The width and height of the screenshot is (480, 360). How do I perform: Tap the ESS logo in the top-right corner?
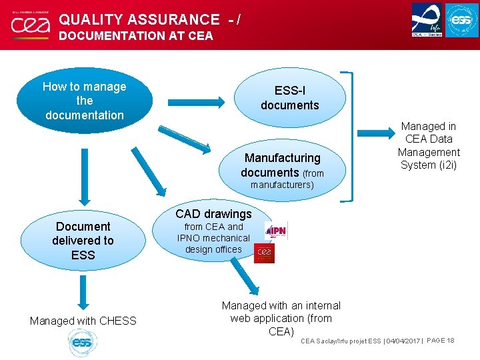(x=461, y=20)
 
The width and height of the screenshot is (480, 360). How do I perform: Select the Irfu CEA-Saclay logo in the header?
(x=427, y=20)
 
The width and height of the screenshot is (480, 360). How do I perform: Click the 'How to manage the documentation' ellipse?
(x=84, y=101)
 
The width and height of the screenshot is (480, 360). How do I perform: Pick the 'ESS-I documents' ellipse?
(x=290, y=98)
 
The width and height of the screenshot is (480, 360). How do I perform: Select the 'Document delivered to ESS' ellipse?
(x=84, y=241)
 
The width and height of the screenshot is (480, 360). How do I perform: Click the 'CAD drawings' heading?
(x=213, y=214)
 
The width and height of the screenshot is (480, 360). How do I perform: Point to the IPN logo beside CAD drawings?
(x=275, y=231)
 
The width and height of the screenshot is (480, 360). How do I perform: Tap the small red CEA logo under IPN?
(x=264, y=253)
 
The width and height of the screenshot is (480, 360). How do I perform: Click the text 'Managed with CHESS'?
(x=83, y=321)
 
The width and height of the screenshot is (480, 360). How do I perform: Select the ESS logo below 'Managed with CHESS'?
(x=82, y=343)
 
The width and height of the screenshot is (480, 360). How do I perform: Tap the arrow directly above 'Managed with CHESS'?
(x=83, y=291)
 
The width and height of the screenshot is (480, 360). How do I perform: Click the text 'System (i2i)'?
(x=429, y=165)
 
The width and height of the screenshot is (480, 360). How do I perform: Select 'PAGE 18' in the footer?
(x=440, y=341)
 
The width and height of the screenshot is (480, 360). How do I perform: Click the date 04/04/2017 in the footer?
(x=404, y=341)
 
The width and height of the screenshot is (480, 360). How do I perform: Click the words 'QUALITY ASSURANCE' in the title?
(x=139, y=20)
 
